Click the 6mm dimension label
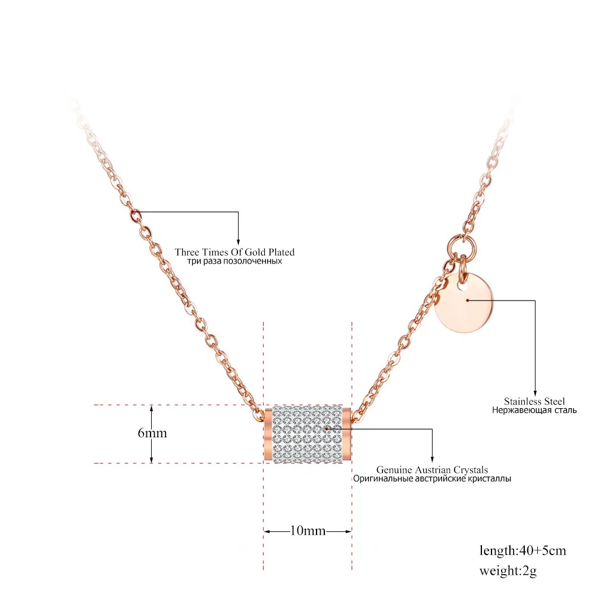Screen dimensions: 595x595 (152, 433)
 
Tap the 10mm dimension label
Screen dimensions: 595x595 (308, 531)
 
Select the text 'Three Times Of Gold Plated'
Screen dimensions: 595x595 (234, 252)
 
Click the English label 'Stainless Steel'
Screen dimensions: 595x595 (534, 401)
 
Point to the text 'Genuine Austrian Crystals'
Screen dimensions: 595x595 (432, 470)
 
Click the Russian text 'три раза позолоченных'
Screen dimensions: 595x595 (234, 261)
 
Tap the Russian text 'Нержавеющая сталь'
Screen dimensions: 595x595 (534, 410)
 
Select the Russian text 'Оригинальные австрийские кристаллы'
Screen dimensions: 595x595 (432, 479)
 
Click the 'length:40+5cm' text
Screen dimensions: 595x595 (522, 550)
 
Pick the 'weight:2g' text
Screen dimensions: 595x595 (508, 571)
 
